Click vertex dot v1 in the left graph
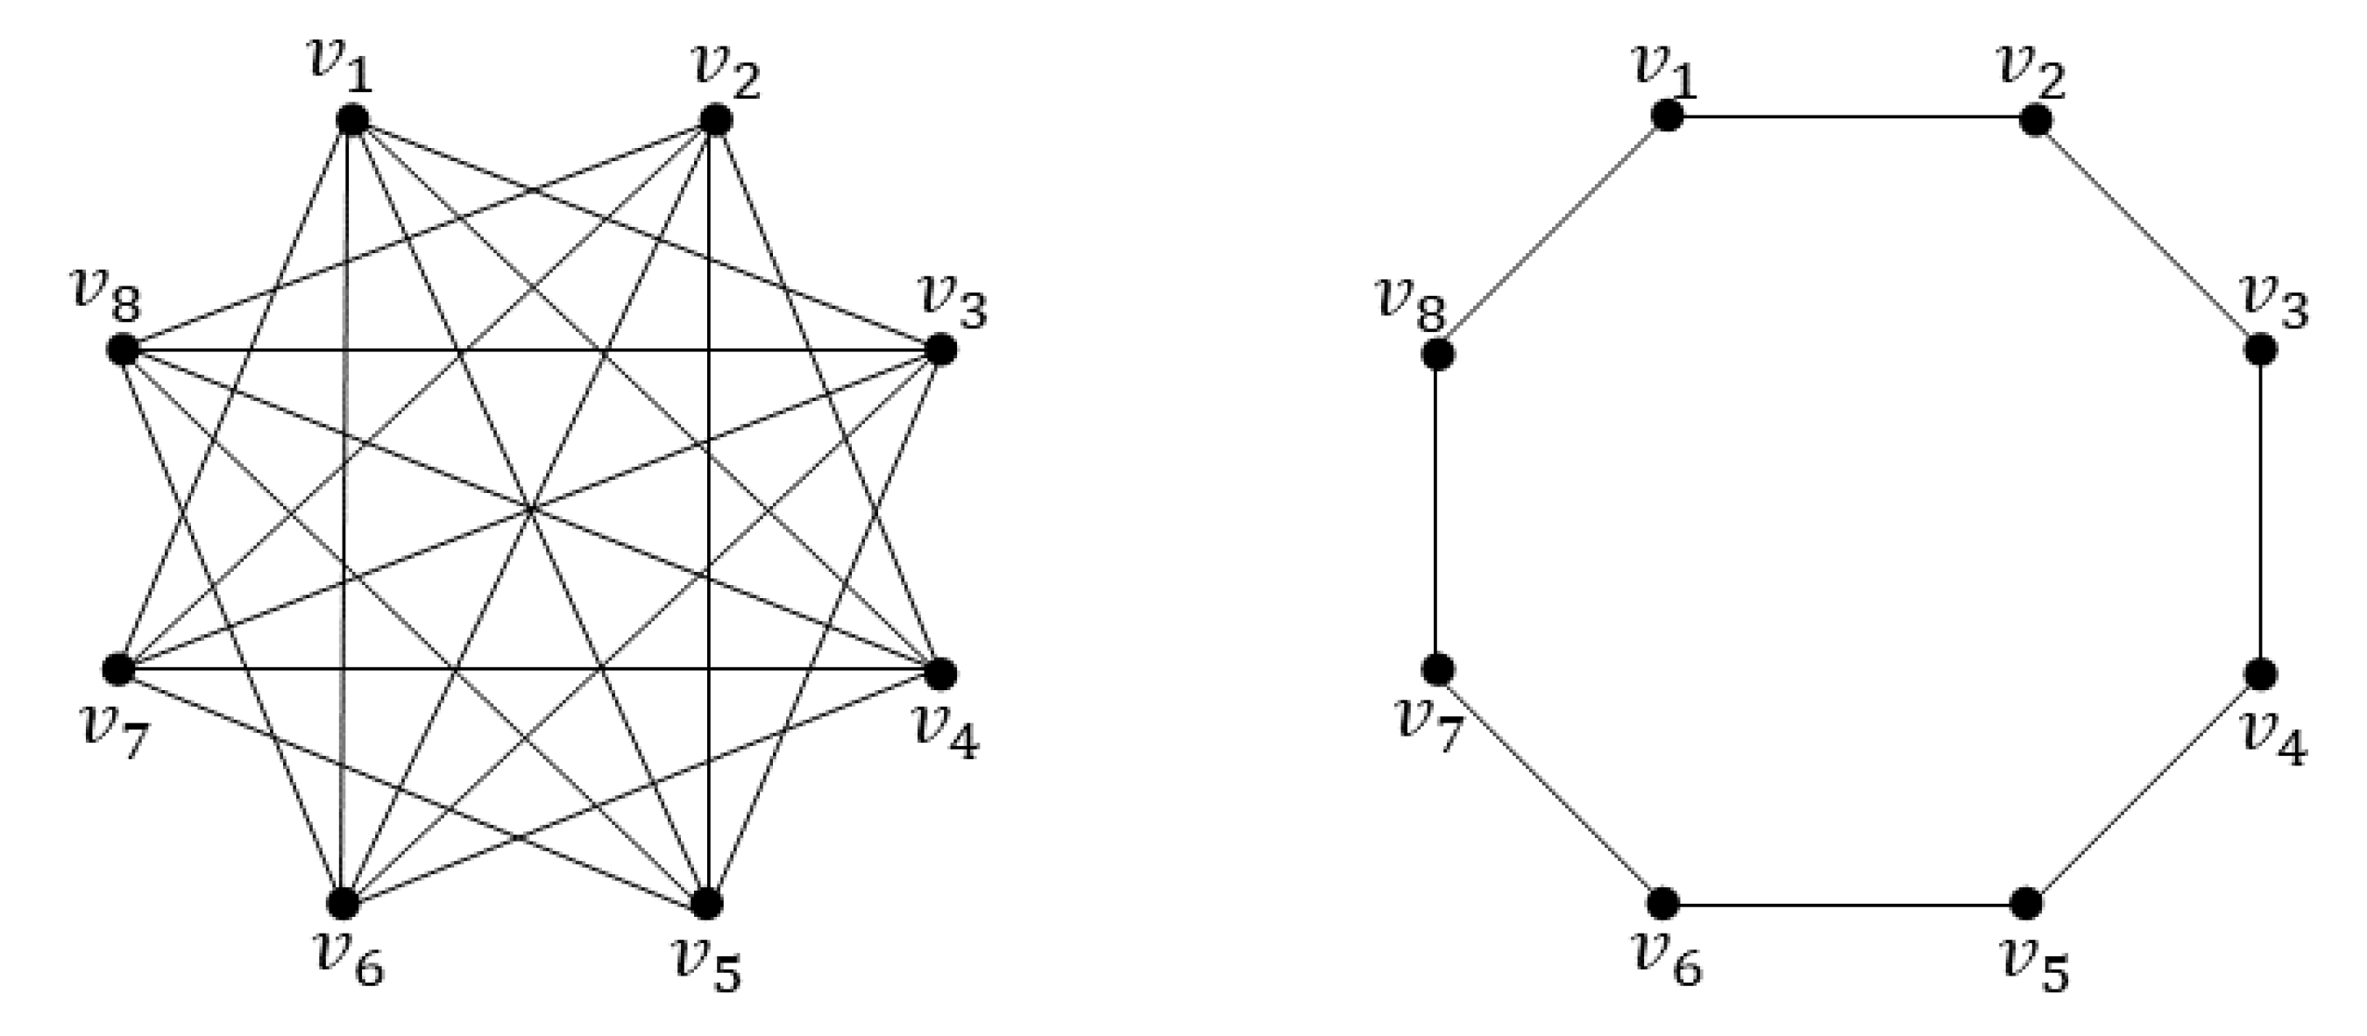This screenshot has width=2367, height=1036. (352, 119)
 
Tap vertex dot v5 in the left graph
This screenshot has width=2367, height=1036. (705, 903)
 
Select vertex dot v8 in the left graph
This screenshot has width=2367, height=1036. (122, 350)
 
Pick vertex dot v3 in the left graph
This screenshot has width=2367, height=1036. (940, 350)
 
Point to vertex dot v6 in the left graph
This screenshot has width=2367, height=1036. (344, 903)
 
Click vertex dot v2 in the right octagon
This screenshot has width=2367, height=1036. (2037, 120)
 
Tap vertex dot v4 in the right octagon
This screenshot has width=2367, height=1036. (2260, 674)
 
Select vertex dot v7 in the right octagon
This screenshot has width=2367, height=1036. (1437, 670)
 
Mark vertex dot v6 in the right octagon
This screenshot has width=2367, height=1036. (1663, 903)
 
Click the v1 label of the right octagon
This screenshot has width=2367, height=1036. (1664, 72)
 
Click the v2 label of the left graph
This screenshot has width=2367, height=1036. (726, 74)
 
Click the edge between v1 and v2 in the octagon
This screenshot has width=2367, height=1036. (1852, 117)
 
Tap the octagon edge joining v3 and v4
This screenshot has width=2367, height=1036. (2260, 511)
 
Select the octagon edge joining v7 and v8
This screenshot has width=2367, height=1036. (1435, 511)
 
